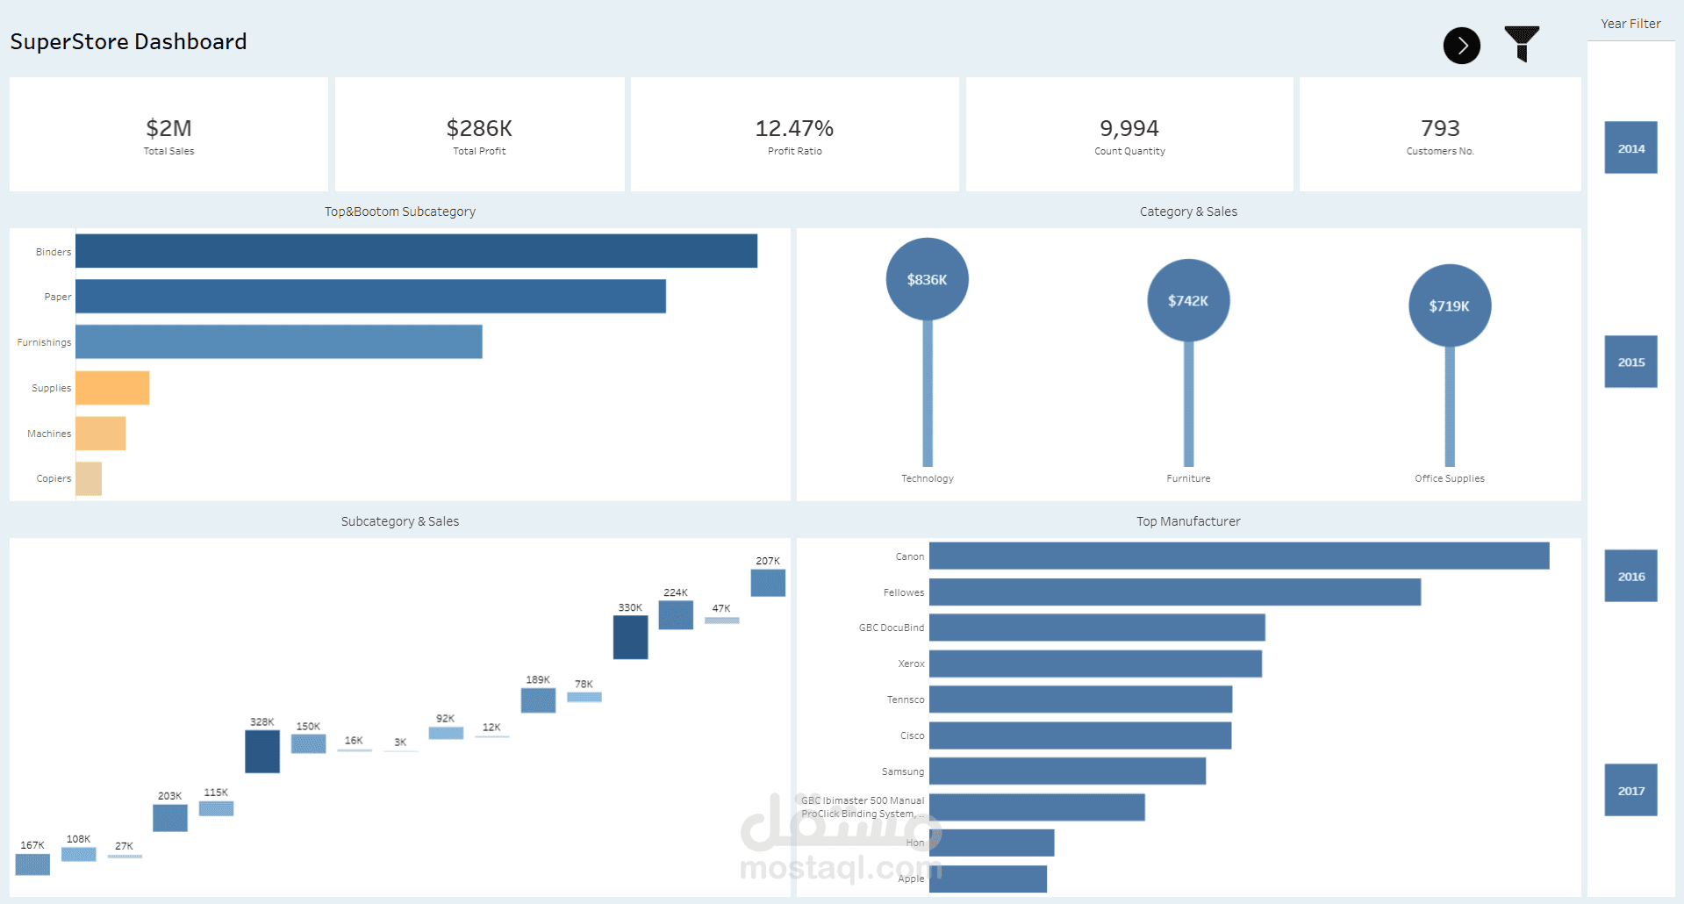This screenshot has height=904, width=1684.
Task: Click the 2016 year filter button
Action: tap(1630, 576)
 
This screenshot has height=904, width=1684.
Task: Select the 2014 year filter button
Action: tap(1630, 147)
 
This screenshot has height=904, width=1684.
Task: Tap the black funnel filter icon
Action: tap(1522, 43)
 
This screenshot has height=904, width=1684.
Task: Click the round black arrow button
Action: tap(1461, 46)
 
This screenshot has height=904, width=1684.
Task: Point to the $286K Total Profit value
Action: tap(479, 129)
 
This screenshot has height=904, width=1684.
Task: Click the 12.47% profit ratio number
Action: tap(794, 129)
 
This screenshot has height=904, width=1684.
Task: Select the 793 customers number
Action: tap(1440, 129)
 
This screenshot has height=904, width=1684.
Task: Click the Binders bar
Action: tap(416, 251)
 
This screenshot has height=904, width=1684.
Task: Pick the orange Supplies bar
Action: tap(112, 388)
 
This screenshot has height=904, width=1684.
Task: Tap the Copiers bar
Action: tap(89, 478)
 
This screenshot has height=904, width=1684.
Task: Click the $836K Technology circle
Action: tap(927, 279)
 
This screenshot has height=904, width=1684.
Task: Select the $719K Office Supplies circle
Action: tap(1449, 305)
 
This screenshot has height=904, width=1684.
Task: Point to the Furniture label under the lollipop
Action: tap(1188, 478)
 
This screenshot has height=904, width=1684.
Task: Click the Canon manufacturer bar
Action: tap(1238, 556)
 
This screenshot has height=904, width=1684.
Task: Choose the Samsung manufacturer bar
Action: tap(1067, 771)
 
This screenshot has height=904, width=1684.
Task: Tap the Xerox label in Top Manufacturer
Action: tap(911, 664)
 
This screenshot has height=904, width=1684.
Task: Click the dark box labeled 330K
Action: tap(630, 637)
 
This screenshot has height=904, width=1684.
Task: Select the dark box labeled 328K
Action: tap(262, 751)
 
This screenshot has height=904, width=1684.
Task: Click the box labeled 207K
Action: tap(768, 583)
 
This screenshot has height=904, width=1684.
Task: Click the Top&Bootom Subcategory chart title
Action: tap(399, 212)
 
